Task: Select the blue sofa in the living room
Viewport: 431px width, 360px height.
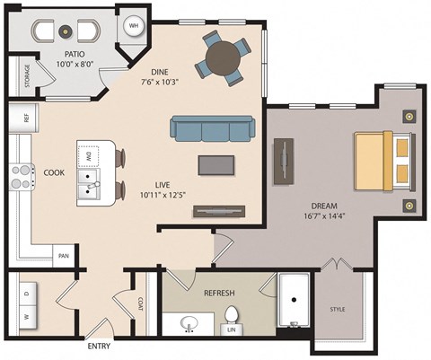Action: tap(211, 130)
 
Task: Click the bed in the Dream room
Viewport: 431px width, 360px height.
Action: tap(383, 158)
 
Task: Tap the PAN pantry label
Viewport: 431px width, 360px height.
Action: tap(65, 256)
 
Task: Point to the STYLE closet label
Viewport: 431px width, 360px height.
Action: tap(338, 310)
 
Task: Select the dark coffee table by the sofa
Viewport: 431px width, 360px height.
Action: tap(213, 164)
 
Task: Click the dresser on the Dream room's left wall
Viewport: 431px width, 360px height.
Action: tap(285, 161)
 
